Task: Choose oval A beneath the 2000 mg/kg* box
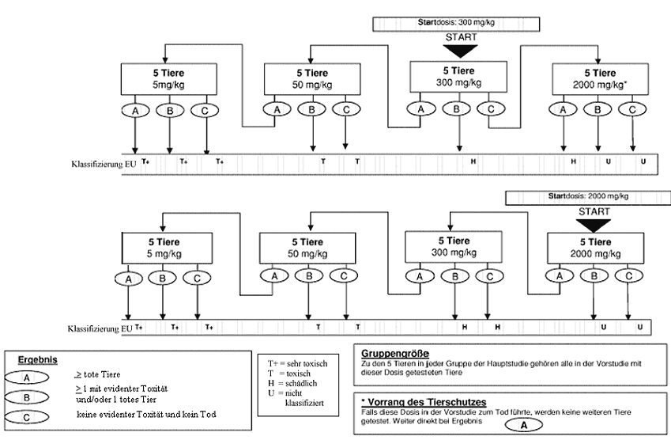(563, 110)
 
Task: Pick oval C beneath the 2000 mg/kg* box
(631, 110)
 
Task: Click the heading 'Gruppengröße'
(396, 352)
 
